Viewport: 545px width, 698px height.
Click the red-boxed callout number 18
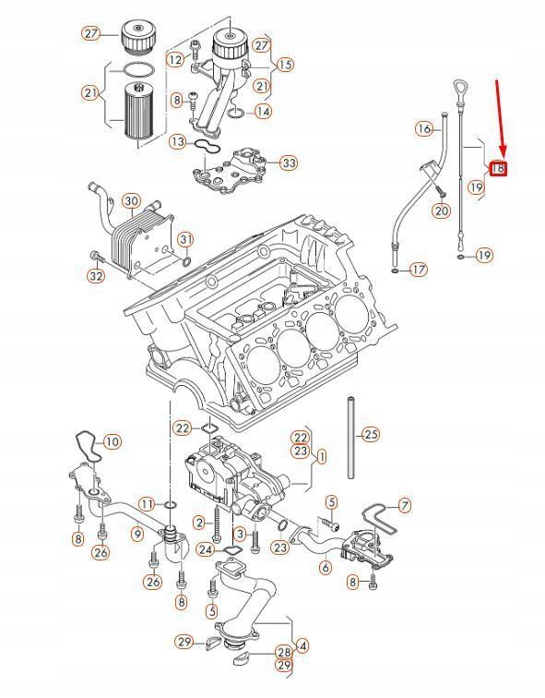[x=498, y=168]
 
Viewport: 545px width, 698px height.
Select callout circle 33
[x=289, y=163]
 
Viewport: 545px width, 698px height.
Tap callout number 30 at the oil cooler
[x=131, y=201]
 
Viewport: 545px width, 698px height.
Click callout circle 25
[x=370, y=433]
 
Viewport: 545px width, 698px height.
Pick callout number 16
[x=423, y=128]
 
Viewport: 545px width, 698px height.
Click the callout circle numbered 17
[x=419, y=270]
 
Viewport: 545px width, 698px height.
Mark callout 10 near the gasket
[x=111, y=442]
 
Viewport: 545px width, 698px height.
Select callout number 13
[x=178, y=142]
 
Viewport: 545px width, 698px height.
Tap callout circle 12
[x=175, y=59]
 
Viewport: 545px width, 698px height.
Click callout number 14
[x=264, y=112]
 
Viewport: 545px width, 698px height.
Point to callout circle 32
[x=96, y=276]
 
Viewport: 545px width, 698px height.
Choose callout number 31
[x=186, y=240]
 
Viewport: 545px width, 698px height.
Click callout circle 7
[x=403, y=505]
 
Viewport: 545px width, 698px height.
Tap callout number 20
[x=442, y=211]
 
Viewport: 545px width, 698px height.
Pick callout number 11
[x=146, y=503]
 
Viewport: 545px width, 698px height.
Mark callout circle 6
[x=325, y=568]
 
